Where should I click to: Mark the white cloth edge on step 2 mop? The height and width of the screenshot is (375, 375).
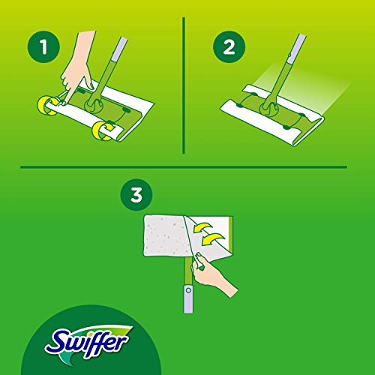click(300, 139)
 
